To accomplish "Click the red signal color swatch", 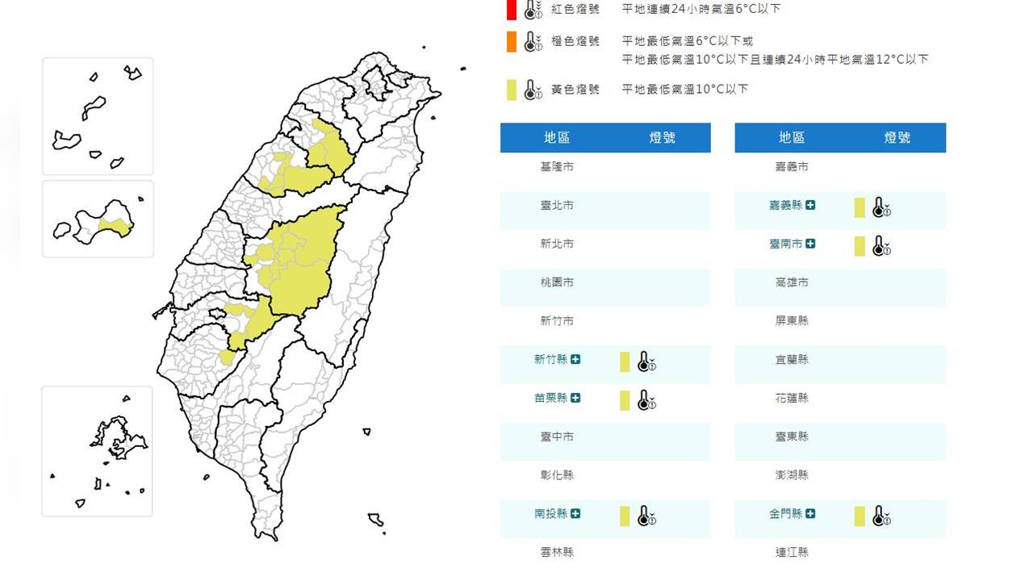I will [512, 10].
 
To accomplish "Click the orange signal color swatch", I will [512, 42].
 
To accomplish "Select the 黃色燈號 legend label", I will [575, 90].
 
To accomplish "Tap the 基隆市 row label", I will [557, 166].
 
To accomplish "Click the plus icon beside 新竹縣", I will [575, 359].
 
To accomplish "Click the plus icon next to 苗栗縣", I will [575, 398].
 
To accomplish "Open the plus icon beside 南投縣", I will [575, 513].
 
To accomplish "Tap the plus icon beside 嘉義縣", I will [810, 205].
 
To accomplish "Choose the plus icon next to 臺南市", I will [810, 244].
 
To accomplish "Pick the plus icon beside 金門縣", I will [810, 513].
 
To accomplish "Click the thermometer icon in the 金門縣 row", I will [881, 516].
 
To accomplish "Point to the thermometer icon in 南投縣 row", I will [646, 516].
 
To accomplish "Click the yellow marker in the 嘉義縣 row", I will [859, 207].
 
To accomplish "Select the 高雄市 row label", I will [792, 282].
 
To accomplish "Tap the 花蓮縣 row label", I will [792, 398].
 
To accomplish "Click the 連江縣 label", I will [792, 552].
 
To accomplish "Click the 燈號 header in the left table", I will [663, 138].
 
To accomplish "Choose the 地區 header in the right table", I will [792, 138].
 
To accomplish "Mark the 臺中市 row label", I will [557, 437].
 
